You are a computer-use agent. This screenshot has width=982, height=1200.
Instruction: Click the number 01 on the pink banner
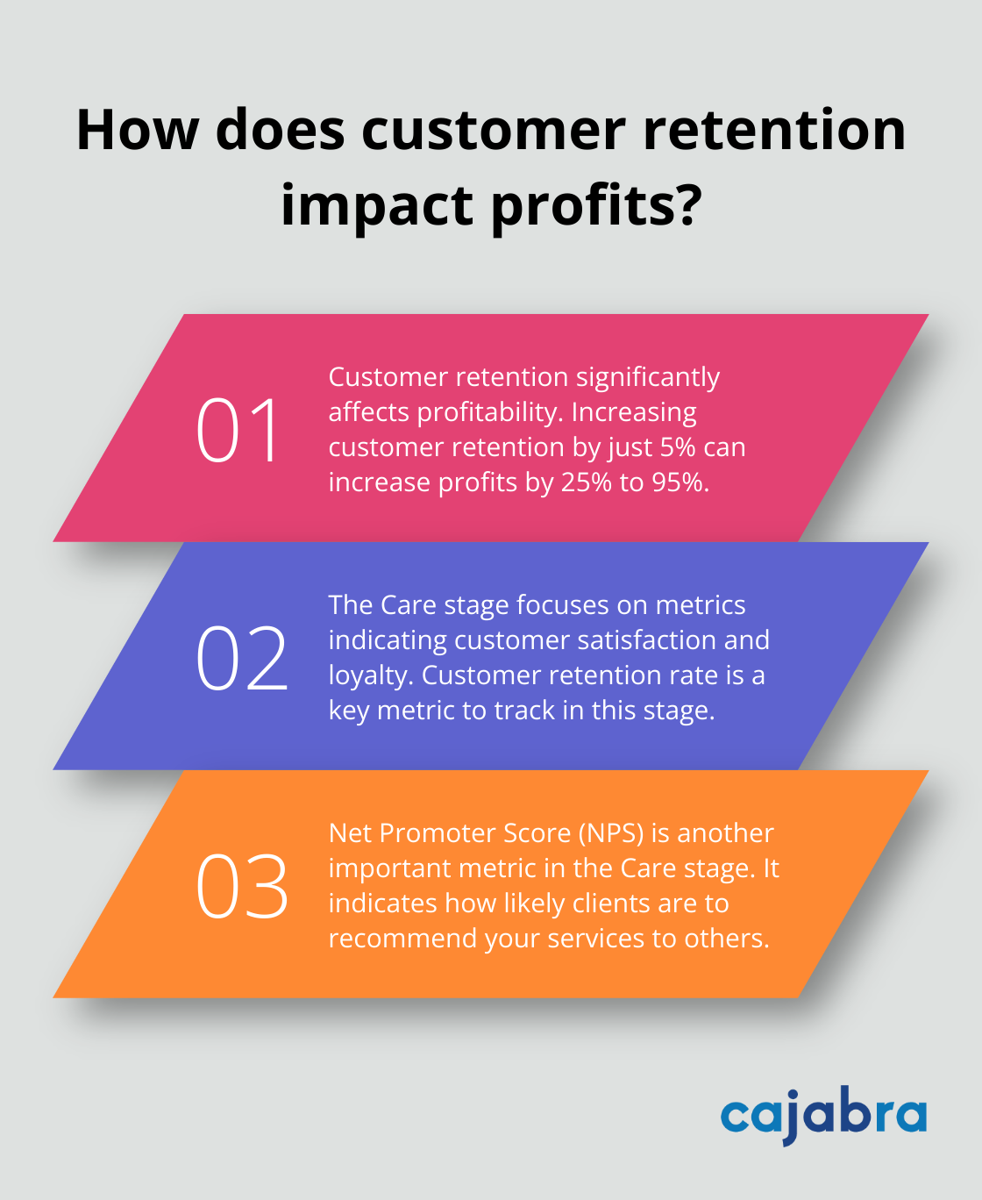tap(238, 430)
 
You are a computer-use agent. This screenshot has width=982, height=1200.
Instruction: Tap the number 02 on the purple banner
tap(241, 658)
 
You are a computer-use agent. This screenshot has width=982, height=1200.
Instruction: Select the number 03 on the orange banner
tap(241, 886)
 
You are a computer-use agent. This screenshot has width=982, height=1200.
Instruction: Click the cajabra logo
tap(823, 1115)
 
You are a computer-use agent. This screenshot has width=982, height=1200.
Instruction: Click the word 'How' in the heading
tap(138, 130)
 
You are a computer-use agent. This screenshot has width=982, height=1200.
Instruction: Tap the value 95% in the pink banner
tap(680, 482)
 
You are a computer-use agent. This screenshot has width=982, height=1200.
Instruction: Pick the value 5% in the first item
tap(678, 447)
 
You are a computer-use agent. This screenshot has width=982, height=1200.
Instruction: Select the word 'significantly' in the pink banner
tap(647, 377)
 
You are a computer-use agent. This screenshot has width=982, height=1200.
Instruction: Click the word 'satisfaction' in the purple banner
tap(647, 640)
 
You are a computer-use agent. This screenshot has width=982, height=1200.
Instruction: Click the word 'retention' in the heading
tap(774, 130)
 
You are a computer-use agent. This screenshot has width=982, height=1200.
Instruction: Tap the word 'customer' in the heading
tap(493, 130)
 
